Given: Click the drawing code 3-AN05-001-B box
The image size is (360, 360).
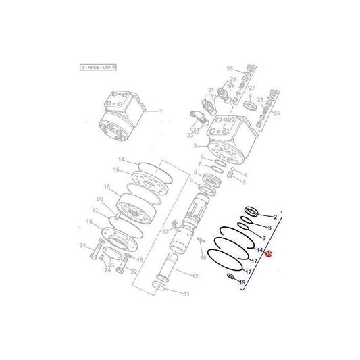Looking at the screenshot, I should (x=98, y=67).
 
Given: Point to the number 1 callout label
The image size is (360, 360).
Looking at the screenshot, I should (x=161, y=112).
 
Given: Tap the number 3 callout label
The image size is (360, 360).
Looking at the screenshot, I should (x=195, y=145).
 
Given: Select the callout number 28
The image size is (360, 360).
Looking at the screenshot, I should (x=229, y=69).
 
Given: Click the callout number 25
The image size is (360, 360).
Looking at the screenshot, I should (x=276, y=113).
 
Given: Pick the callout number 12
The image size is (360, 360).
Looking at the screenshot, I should (x=195, y=277).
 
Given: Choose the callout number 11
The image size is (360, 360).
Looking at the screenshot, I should (x=187, y=293).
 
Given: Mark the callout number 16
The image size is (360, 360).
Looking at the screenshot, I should (x=106, y=186).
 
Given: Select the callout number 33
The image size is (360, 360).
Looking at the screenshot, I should (x=190, y=135).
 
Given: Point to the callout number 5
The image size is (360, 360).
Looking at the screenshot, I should (x=244, y=182).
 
